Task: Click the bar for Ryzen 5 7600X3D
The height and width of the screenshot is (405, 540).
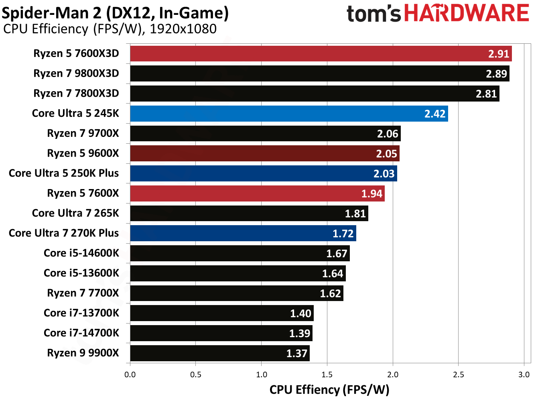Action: point(321,54)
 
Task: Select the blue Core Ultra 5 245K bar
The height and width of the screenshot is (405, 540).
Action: point(289,114)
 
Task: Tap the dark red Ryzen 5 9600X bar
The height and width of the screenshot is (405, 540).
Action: point(265,153)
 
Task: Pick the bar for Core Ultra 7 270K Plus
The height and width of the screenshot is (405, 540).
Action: point(243,233)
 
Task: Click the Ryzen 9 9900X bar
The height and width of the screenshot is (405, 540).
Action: point(219,353)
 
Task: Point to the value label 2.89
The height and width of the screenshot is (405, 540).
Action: point(496,74)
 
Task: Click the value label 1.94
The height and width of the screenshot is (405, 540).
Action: point(372,194)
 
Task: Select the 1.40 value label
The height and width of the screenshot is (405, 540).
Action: point(300,313)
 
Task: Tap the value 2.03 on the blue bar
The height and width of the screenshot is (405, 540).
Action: point(384,174)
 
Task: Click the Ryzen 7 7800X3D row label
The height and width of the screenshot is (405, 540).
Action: point(76,94)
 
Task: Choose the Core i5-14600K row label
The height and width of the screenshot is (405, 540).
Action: point(81,253)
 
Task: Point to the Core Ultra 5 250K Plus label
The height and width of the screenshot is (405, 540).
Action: point(64,173)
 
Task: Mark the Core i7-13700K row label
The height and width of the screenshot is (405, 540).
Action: point(81,313)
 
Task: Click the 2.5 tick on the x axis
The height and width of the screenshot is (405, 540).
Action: point(458,374)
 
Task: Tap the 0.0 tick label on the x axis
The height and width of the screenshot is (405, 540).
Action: point(130,374)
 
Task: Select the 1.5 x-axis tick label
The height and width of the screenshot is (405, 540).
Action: point(327,374)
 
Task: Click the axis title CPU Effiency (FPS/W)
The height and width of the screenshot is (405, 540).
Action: point(329,390)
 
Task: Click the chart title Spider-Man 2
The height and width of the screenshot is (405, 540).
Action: point(115,13)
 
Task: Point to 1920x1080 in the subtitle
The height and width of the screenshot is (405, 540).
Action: point(183,29)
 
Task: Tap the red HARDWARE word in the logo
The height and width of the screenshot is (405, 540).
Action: point(467,13)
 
